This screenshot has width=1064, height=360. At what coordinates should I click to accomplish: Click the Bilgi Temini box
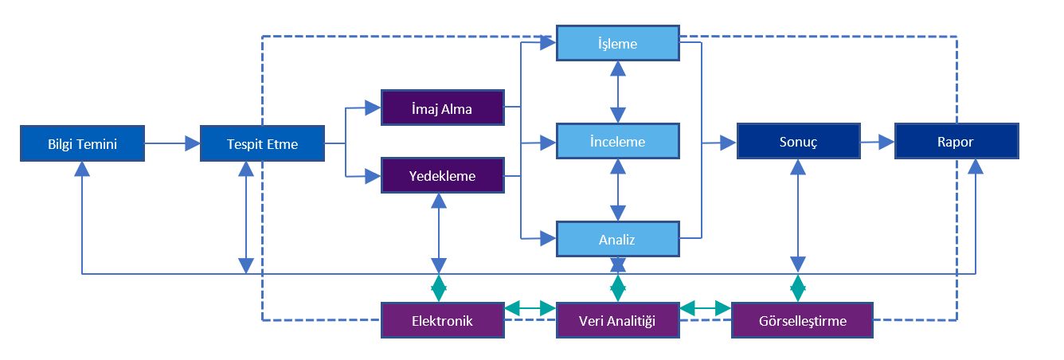83,143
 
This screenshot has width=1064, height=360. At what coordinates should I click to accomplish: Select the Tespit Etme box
262,143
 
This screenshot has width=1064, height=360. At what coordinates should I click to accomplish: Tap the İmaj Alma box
442,108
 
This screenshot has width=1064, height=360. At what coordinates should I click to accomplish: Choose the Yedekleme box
442,176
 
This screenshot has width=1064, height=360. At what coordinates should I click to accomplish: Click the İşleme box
617,43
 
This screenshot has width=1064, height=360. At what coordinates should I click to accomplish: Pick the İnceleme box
617,142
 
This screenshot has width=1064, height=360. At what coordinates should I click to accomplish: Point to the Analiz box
617,238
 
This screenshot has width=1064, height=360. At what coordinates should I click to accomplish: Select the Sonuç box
798,142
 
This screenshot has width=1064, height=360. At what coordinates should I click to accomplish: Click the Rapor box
956,142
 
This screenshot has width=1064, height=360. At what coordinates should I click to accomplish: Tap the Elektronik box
442,321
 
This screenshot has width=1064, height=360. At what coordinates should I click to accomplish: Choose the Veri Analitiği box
617,321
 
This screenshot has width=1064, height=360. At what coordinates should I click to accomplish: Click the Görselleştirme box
801,321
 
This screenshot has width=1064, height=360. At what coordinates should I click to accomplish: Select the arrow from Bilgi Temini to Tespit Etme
172,143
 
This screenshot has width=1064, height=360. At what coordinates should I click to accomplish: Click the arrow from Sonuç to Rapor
877,143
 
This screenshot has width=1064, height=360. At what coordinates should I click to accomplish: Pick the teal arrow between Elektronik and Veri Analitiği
530,307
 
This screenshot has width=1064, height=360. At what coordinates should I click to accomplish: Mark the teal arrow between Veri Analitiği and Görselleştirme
706,307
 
